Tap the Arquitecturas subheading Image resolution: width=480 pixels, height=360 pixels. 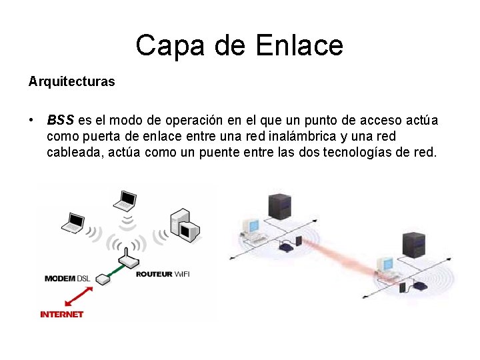point(71,82)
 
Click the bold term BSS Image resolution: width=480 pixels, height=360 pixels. point(61,121)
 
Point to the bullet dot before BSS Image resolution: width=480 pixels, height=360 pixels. point(31,121)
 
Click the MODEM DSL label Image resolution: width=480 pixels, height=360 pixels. point(67,278)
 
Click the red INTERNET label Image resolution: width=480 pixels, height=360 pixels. point(62,314)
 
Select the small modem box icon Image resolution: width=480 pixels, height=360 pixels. point(102,281)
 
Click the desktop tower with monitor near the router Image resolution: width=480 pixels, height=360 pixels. point(185,224)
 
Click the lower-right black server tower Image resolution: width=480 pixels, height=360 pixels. point(415,247)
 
